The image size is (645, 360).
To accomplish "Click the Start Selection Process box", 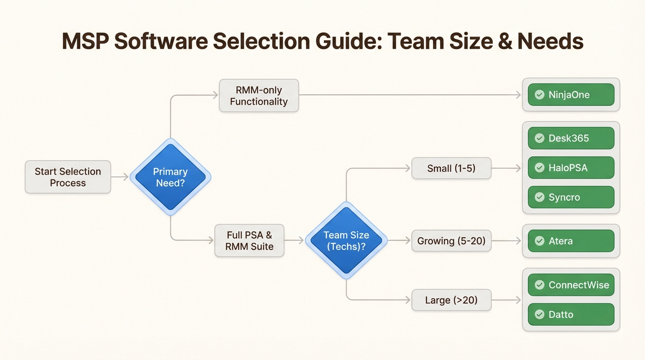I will [x=68, y=177].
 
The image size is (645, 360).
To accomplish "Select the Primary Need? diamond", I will [x=170, y=177].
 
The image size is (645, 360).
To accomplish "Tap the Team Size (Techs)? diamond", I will [x=346, y=240].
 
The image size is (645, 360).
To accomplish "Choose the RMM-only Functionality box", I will [x=259, y=96].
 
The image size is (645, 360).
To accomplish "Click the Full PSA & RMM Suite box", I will [x=249, y=240].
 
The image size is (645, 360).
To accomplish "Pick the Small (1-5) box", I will [x=451, y=168].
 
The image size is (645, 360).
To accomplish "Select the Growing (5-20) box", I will [x=451, y=241].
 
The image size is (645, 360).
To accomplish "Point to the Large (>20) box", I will [x=451, y=300].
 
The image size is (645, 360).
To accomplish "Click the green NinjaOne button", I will [x=570, y=95].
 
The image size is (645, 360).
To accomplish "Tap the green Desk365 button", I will [x=570, y=138].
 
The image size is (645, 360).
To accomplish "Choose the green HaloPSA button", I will [x=570, y=168].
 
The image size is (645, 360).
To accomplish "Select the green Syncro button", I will [x=570, y=197].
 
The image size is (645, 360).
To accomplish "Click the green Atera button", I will [x=570, y=241].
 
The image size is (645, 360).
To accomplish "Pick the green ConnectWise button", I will [x=570, y=285].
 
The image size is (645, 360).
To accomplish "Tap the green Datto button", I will [x=570, y=315].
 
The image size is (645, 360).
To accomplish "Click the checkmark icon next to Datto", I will [x=540, y=315].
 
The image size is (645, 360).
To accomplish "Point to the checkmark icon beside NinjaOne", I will [x=540, y=95].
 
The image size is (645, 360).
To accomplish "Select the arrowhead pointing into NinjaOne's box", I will [x=517, y=95].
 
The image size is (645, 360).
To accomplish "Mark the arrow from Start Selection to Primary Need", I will [x=120, y=177].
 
